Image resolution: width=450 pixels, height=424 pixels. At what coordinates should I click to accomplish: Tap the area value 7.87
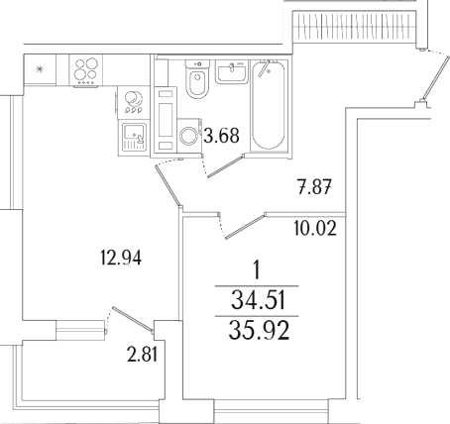(x=313, y=184)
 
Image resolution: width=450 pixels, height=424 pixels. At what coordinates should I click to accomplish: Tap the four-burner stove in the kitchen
(x=85, y=72)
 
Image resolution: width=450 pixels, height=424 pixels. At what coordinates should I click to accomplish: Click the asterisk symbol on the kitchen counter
(x=40, y=70)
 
